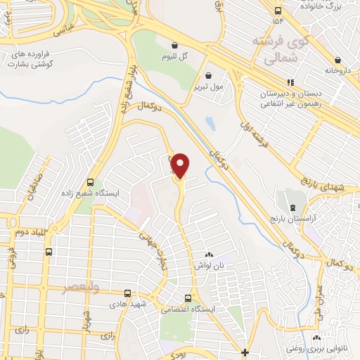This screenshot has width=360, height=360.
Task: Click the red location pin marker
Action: (x=181, y=165)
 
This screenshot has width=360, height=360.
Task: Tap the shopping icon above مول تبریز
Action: (x=208, y=75)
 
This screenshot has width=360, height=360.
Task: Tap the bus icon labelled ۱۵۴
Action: (x=278, y=11)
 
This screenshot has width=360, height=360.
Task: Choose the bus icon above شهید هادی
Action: (x=127, y=293)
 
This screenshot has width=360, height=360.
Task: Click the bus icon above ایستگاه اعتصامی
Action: (x=187, y=298)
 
